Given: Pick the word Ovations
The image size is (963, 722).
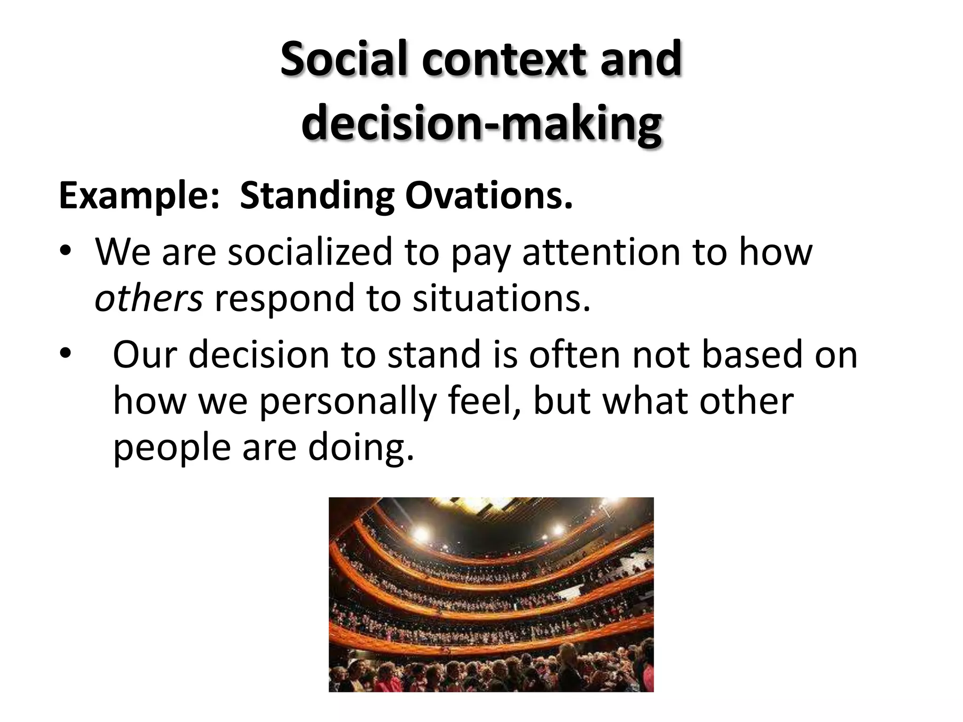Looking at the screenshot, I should click(x=489, y=196).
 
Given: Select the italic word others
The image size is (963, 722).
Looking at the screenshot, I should click(x=149, y=298).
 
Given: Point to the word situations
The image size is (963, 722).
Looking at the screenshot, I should click(x=501, y=298).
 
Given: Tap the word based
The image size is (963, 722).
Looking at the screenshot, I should click(x=752, y=354).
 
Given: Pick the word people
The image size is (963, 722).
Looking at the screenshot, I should click(x=172, y=448).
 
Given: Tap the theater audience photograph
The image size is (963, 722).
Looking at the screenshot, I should click(x=491, y=594).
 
